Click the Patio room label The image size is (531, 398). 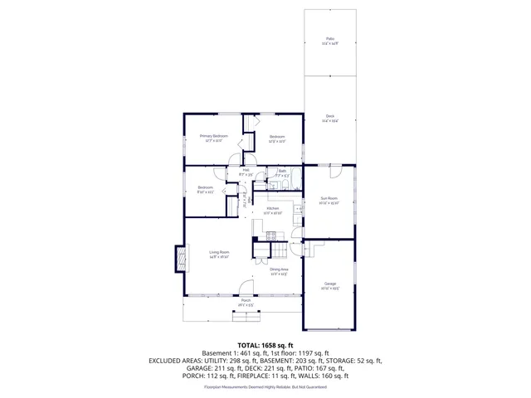[329, 39]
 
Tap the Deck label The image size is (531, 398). [329, 116]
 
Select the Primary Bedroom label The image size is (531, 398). [213, 136]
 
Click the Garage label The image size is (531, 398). [329, 284]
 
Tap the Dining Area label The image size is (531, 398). [279, 269]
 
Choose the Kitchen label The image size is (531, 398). [273, 209]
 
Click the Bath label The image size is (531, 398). [282, 171]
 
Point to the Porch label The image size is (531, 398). [246, 300]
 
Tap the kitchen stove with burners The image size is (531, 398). [270, 235]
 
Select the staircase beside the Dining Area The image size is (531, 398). [280, 251]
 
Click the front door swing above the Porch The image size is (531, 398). [246, 288]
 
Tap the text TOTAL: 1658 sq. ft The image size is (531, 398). [265, 345]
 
